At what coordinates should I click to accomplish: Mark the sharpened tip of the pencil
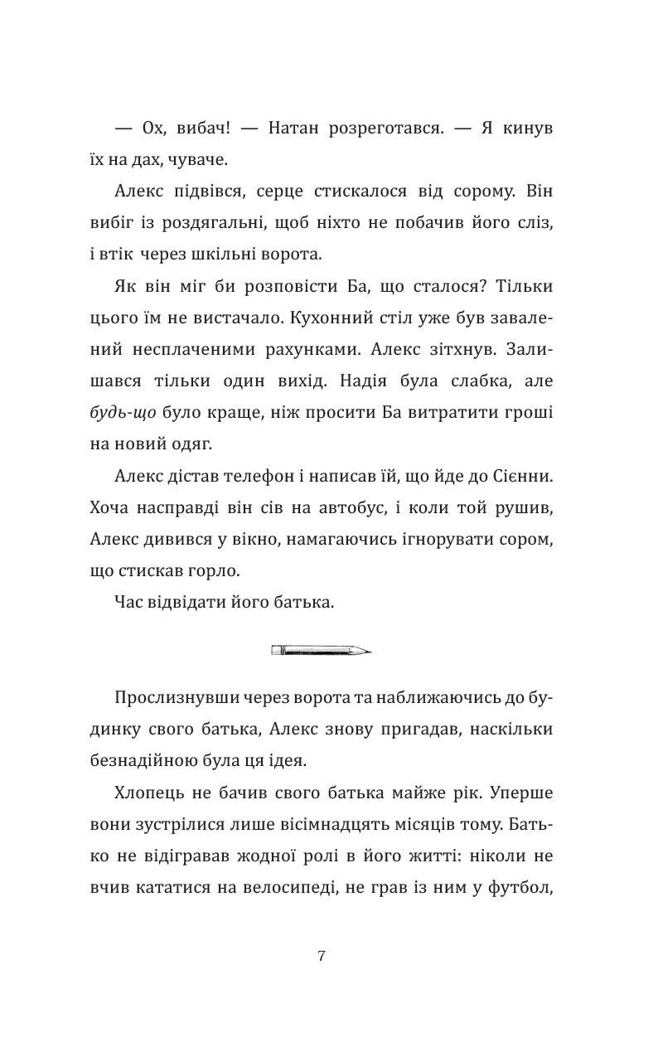click(366, 650)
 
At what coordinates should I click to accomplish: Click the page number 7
click(321, 955)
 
